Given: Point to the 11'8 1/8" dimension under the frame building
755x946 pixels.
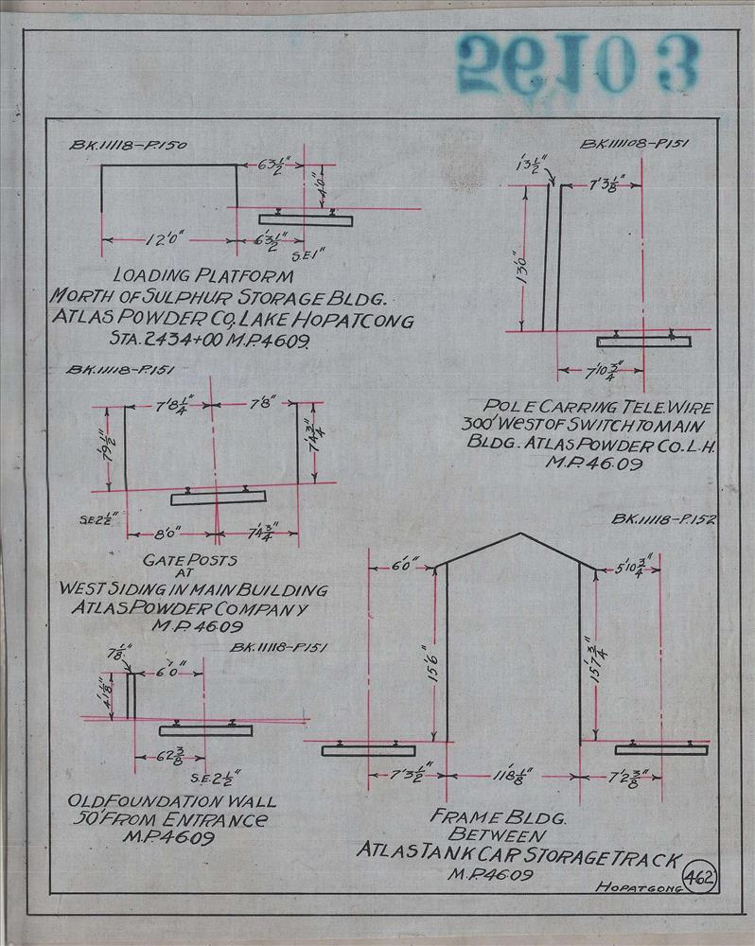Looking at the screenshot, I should pos(511,778).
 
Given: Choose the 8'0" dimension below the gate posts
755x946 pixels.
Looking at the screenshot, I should pos(165,534).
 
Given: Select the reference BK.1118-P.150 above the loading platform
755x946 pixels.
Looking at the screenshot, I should pos(129,146).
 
